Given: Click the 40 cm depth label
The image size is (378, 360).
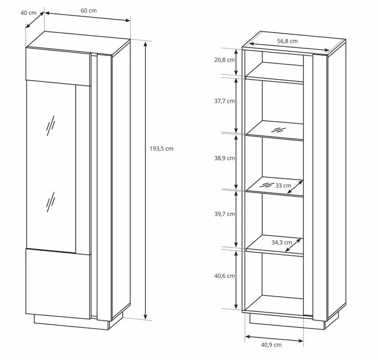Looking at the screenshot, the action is click(x=28, y=13).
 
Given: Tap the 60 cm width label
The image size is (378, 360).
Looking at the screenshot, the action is click(x=89, y=11).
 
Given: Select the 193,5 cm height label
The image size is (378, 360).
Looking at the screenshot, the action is click(x=161, y=149).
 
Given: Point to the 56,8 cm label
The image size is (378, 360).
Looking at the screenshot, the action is click(x=287, y=41).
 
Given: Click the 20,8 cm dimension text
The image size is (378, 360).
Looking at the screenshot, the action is click(x=225, y=59).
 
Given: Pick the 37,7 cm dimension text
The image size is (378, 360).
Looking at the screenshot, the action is click(x=225, y=101).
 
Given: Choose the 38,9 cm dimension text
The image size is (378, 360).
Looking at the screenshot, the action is click(x=225, y=158).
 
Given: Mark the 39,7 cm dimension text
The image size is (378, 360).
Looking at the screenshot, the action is click(x=225, y=214).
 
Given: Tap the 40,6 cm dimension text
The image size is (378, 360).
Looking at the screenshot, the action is click(x=225, y=276).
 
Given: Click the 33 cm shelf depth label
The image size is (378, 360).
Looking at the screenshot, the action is click(x=283, y=186).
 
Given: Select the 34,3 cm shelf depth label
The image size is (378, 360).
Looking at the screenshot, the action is click(x=282, y=242).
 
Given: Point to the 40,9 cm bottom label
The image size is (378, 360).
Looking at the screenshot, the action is click(x=271, y=345).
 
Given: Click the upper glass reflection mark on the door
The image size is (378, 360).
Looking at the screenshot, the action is click(x=50, y=126).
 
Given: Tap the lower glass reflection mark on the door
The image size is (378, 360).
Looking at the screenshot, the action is click(x=50, y=202).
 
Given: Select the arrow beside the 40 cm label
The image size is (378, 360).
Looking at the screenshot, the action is click(x=35, y=20).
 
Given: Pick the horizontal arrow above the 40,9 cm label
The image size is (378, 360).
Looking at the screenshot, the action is click(x=274, y=338).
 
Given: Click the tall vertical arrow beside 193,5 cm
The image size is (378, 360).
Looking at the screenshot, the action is click(x=145, y=180).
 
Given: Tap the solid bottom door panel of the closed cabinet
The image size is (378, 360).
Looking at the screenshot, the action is click(x=58, y=284).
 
